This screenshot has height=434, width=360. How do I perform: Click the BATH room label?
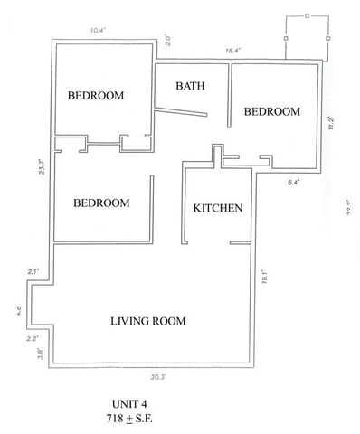point(190,87)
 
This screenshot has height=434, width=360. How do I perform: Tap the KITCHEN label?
point(218,208)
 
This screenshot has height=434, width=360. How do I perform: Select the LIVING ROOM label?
point(148,321)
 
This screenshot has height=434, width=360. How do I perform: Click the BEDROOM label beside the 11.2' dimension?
point(271,111)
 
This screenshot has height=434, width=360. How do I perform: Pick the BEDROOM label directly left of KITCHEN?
point(101,203)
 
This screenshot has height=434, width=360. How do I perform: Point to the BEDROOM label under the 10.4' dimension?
point(96,95)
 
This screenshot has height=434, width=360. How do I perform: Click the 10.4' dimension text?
point(98,30)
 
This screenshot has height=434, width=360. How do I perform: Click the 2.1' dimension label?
point(33,271)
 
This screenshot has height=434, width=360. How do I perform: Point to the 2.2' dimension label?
point(33,338)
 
